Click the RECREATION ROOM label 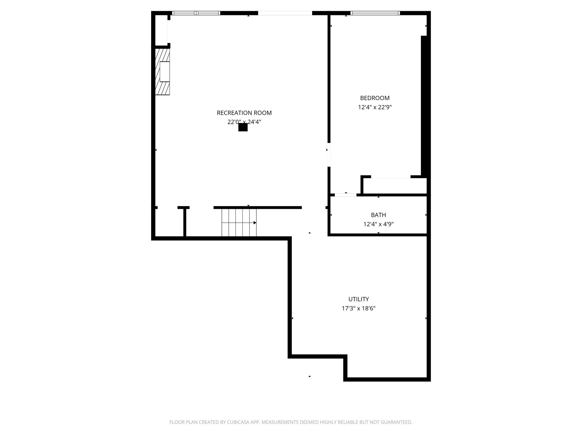[x=244, y=113]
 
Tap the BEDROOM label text [x=375, y=98]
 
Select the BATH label [x=378, y=215]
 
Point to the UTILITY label [x=359, y=299]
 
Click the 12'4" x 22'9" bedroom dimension [x=375, y=108]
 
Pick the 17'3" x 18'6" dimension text [x=359, y=309]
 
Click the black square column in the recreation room [x=243, y=127]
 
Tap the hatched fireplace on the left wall [x=163, y=72]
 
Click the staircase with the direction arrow [x=239, y=222]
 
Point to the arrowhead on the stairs [x=255, y=223]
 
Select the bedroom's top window [x=375, y=13]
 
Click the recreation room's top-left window [x=196, y=13]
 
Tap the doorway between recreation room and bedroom [x=329, y=155]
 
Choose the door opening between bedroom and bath [x=345, y=195]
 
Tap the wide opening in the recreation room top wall [x=285, y=13]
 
